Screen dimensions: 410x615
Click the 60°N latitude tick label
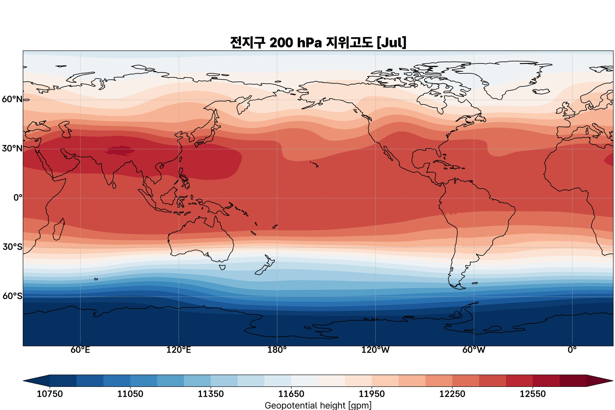click(12, 99)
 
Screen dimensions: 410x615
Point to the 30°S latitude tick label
click(12, 247)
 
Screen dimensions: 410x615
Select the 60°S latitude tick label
click(12, 296)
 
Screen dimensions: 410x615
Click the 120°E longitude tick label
click(179, 350)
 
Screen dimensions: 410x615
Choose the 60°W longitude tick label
click(474, 350)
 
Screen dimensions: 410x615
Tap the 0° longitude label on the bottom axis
click(572, 350)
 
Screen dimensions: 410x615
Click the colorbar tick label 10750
click(50, 394)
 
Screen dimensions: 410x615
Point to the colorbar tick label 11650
click(291, 394)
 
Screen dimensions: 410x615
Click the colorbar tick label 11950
click(371, 394)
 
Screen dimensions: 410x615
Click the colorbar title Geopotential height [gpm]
click(318, 405)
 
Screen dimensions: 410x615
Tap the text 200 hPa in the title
click(295, 43)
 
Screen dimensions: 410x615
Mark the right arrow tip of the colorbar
click(612, 381)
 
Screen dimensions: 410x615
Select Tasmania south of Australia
click(223, 267)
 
